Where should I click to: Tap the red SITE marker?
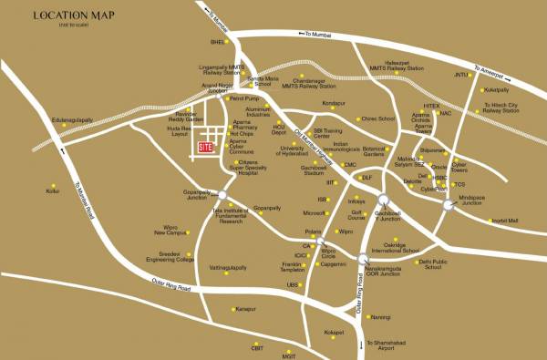pyautogui.click(x=205, y=146)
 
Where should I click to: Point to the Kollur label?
pyautogui.click(x=53, y=191)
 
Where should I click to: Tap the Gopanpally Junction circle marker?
pyautogui.click(x=219, y=193)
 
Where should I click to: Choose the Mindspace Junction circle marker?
pyautogui.click(x=448, y=205)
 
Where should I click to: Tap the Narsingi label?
pyautogui.click(x=380, y=316)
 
